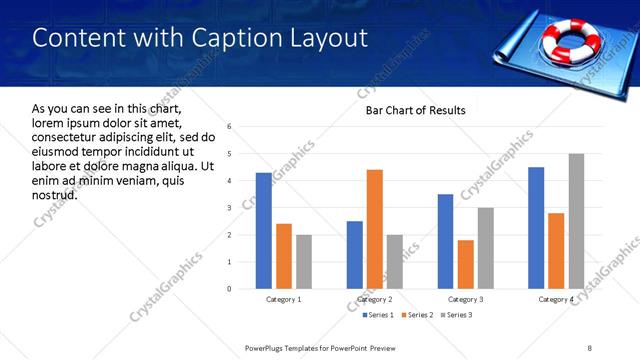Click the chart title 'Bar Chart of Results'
[x=415, y=110]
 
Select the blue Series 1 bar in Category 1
[x=264, y=231]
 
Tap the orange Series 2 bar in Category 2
[x=375, y=229]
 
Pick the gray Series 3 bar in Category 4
[x=576, y=221]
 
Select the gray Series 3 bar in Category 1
[x=304, y=262]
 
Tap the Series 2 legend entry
[x=416, y=315]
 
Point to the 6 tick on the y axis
[x=230, y=127]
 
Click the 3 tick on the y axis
[x=230, y=208]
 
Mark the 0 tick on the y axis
[x=230, y=289]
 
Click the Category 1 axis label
[x=284, y=299]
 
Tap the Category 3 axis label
[x=466, y=299]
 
